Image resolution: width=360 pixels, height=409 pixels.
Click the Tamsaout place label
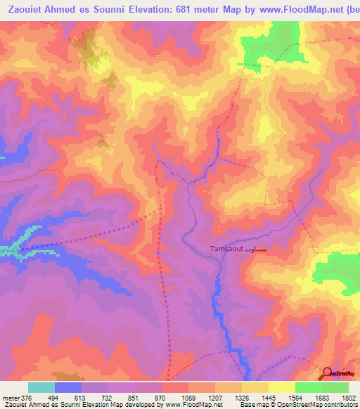[x=226, y=249]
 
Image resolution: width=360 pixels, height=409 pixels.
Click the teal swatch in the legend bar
[x=41, y=387]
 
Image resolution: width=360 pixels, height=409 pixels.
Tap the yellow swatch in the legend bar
[x=282, y=387]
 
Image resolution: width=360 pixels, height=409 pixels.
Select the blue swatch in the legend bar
[x=68, y=387]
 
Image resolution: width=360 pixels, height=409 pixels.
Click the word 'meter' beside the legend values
[x=10, y=397]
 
